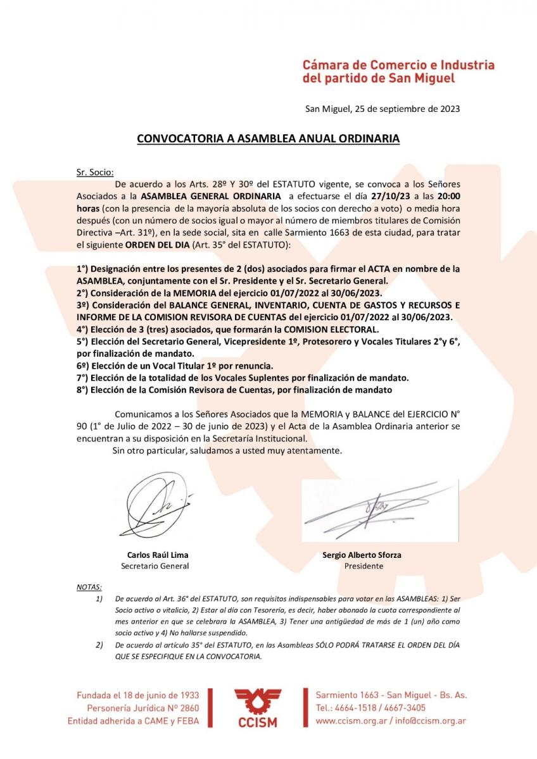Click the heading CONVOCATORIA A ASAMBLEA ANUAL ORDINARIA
pos(268,139)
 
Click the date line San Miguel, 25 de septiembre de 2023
pos(382,108)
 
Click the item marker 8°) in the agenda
pos(83,390)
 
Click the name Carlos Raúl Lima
pos(157,555)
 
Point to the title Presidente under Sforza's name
pos(363,566)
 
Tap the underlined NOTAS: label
pos(89,586)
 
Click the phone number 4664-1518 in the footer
pos(357,708)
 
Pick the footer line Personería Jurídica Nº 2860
pos(143,708)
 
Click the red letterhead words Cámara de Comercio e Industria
pos(398,65)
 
